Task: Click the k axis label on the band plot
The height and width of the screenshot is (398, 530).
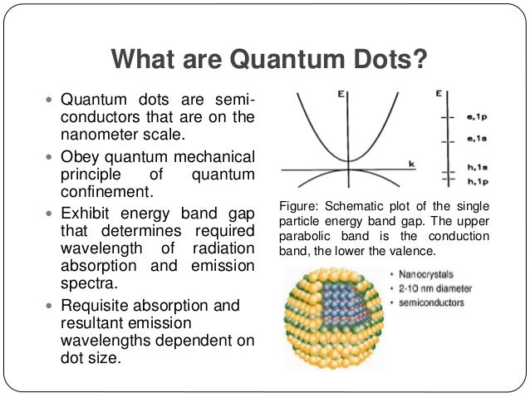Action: click(410, 164)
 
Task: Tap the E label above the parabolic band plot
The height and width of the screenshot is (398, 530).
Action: click(341, 96)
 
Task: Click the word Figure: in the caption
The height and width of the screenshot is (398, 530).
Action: click(298, 206)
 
